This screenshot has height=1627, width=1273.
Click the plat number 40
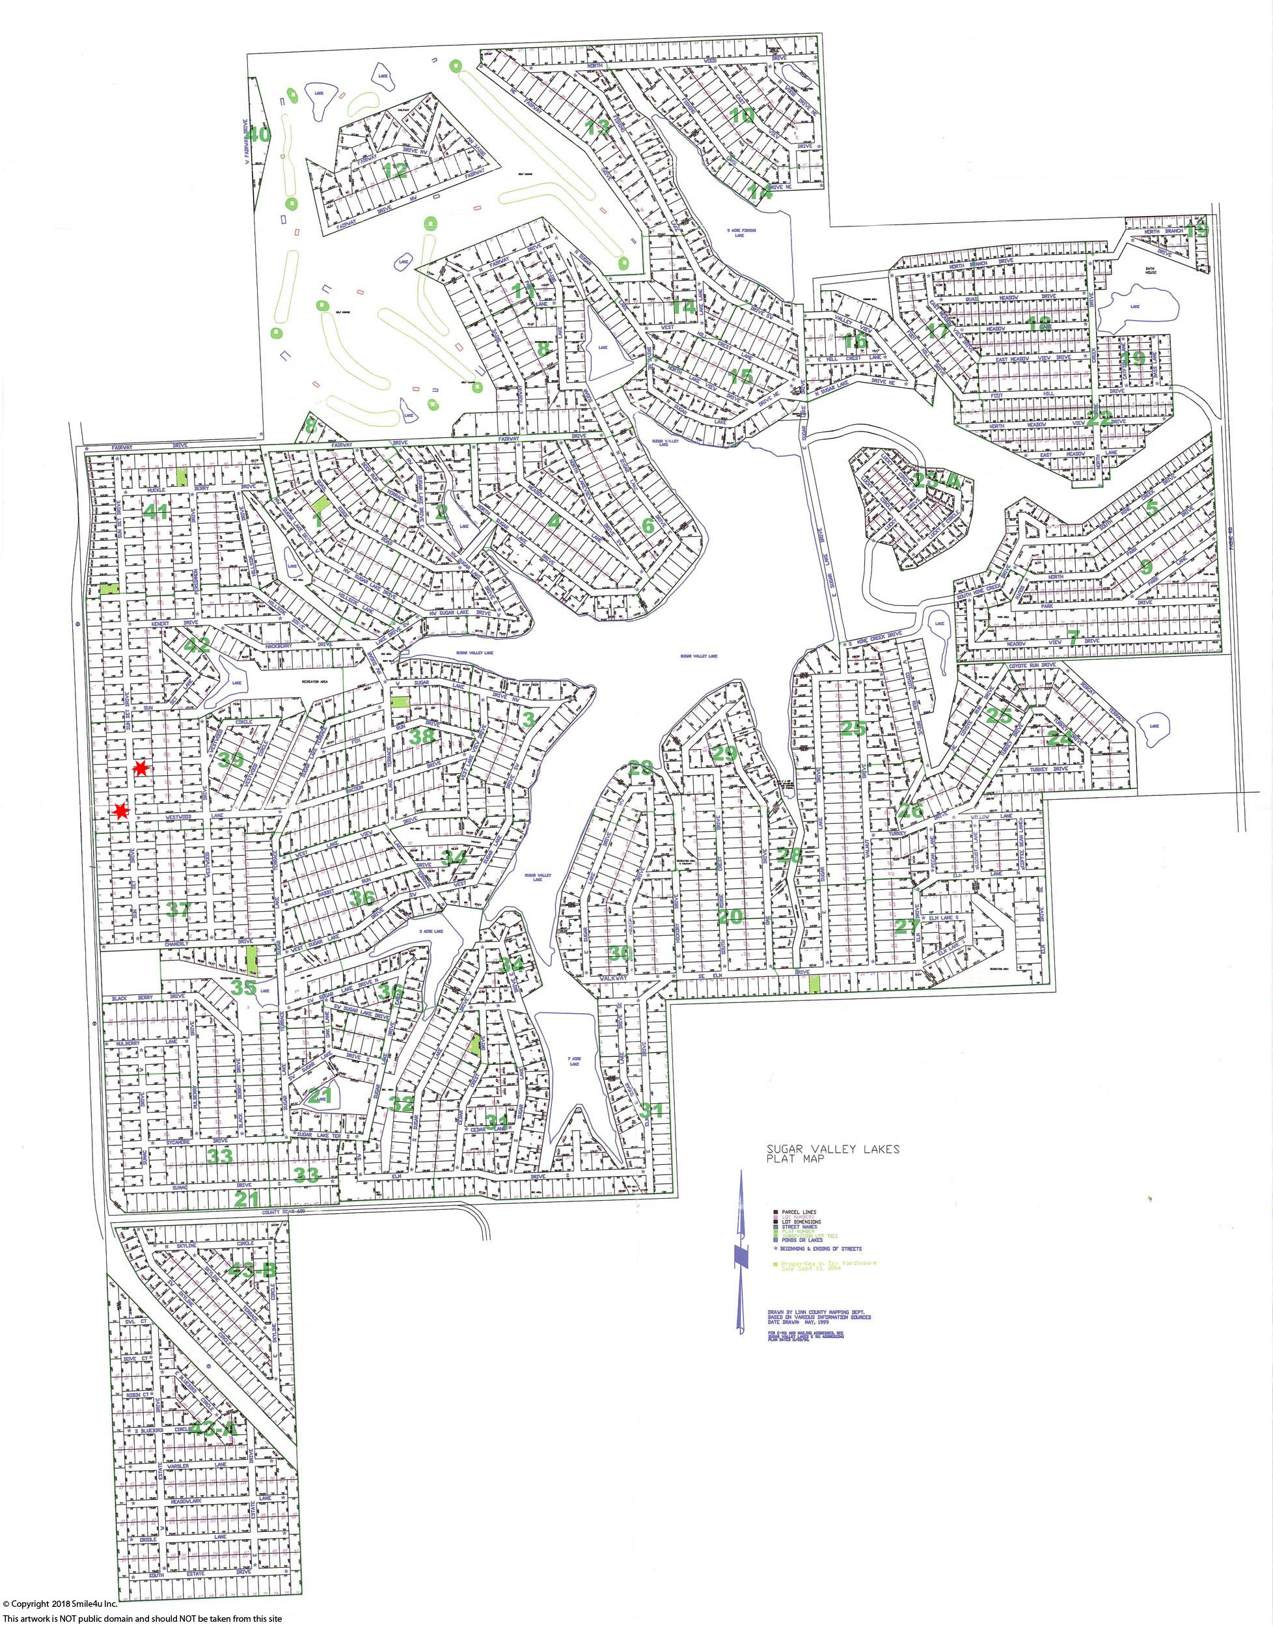pos(260,135)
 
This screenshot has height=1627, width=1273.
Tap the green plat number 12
pos(395,170)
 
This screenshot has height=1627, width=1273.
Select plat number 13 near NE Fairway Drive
pos(597,127)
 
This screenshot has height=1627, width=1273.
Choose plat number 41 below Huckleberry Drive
pos(156,512)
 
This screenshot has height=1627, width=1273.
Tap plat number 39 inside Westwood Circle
pos(231,759)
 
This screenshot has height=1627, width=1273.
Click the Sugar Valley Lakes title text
pos(832,1149)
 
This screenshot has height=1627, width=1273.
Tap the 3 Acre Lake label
pos(431,931)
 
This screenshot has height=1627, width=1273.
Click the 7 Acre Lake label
pos(573,1061)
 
